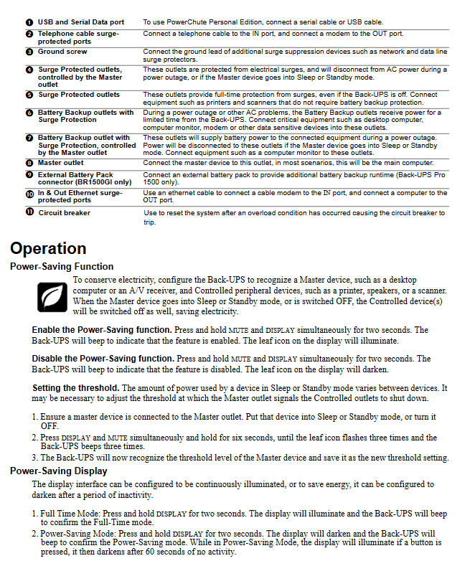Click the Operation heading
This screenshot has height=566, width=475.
(x=48, y=249)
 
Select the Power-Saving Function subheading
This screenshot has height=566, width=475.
(x=62, y=266)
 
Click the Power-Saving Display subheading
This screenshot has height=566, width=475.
(x=59, y=471)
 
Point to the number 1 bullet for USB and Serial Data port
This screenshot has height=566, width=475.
(x=29, y=23)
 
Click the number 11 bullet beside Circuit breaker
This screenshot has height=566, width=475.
(x=29, y=212)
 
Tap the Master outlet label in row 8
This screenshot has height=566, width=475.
(x=61, y=163)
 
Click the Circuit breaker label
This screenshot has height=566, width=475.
(x=64, y=212)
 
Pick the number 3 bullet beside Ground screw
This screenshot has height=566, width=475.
(x=29, y=52)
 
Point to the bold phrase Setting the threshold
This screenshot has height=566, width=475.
(x=75, y=387)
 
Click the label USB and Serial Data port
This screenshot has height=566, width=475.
(x=81, y=23)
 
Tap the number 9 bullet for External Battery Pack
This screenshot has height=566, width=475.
(x=29, y=174)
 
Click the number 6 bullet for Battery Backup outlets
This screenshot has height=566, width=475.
(x=29, y=113)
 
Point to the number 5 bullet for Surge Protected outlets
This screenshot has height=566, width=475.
(x=29, y=95)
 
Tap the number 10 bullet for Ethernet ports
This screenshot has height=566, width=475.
(x=29, y=194)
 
